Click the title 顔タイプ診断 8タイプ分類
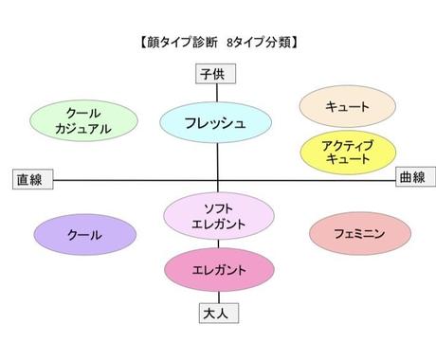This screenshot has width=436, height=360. click(x=219, y=43)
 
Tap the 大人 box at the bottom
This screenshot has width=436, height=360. click(x=218, y=311)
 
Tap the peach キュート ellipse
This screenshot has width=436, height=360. click(x=347, y=107)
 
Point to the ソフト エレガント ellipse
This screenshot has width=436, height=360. click(x=219, y=217)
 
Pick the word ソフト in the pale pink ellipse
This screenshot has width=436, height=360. click(x=219, y=208)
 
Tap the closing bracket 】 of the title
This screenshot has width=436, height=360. click(x=297, y=43)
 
